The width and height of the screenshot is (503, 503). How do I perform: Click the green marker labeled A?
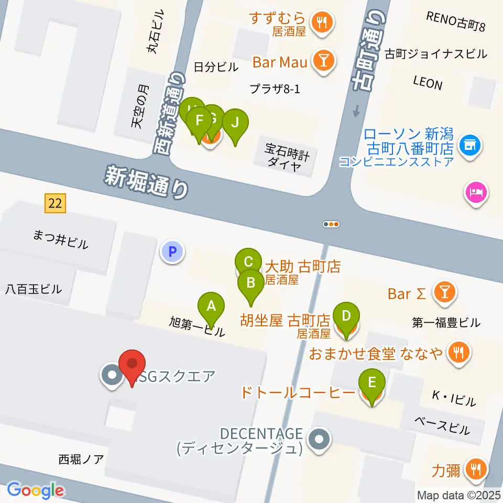(x=211, y=306)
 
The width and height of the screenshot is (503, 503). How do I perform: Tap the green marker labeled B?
(x=251, y=283)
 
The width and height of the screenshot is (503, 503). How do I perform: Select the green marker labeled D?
(x=346, y=316)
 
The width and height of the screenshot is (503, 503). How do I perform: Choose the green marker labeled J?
(x=235, y=123)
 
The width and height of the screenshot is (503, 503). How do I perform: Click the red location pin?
(x=132, y=364)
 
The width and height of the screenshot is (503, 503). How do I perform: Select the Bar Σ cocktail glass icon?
(x=445, y=293)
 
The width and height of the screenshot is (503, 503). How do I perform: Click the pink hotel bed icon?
(x=476, y=193)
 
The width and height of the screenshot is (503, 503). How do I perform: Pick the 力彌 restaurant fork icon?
(x=476, y=469)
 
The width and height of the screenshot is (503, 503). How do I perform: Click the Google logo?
(x=35, y=489)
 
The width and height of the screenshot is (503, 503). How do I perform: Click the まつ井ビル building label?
(x=61, y=243)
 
